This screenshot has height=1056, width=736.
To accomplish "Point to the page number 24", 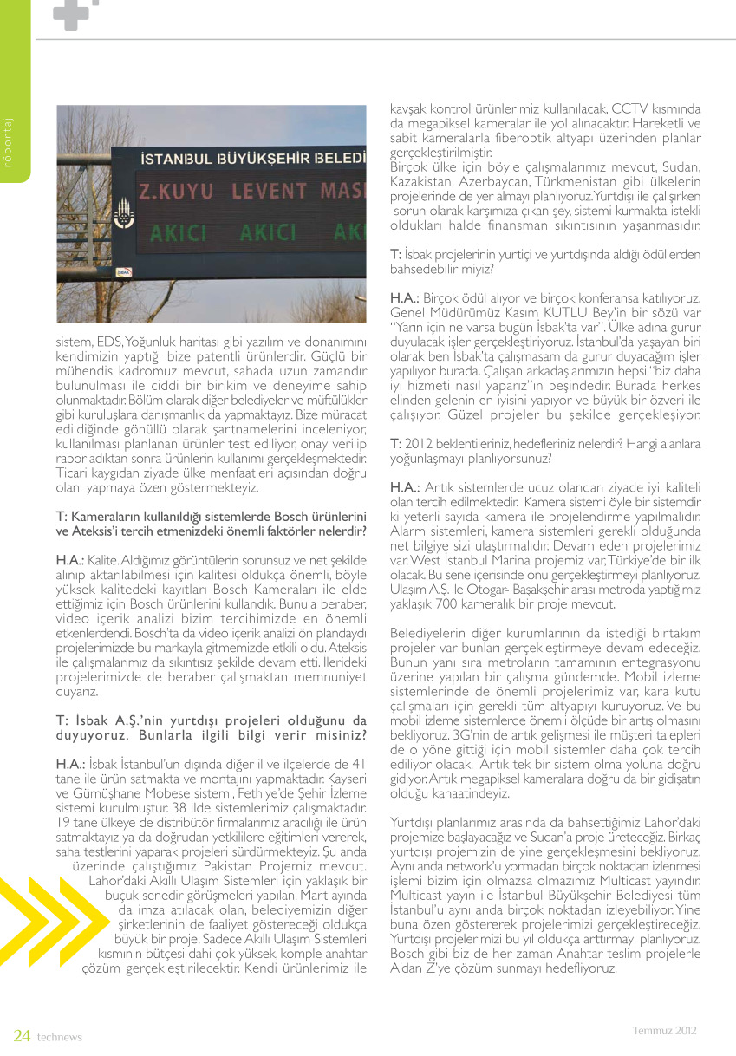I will (22, 1035).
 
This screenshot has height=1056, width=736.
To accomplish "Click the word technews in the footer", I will (59, 1036).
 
